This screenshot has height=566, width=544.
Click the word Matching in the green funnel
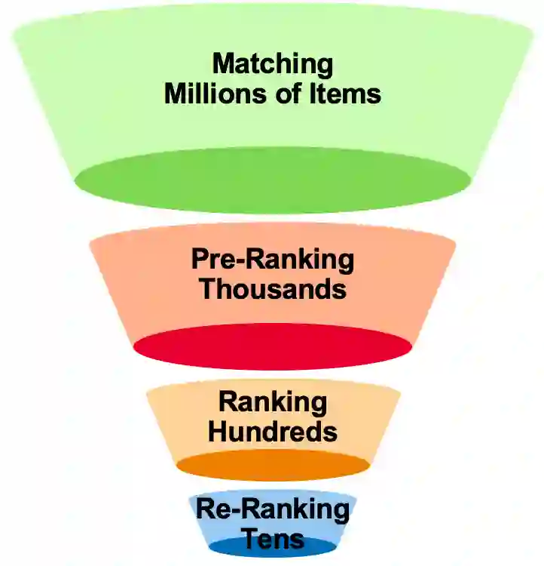click(x=272, y=65)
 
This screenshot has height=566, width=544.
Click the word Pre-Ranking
click(x=272, y=260)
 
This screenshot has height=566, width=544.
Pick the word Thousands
click(x=272, y=290)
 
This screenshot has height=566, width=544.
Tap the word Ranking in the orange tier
click(x=272, y=401)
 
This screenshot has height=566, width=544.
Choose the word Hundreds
click(x=272, y=432)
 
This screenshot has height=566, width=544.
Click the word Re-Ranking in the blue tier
click(x=272, y=509)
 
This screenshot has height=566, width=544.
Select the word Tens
click(x=272, y=539)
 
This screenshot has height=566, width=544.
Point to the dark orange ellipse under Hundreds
click(x=272, y=466)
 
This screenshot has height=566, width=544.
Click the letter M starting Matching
click(x=222, y=65)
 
